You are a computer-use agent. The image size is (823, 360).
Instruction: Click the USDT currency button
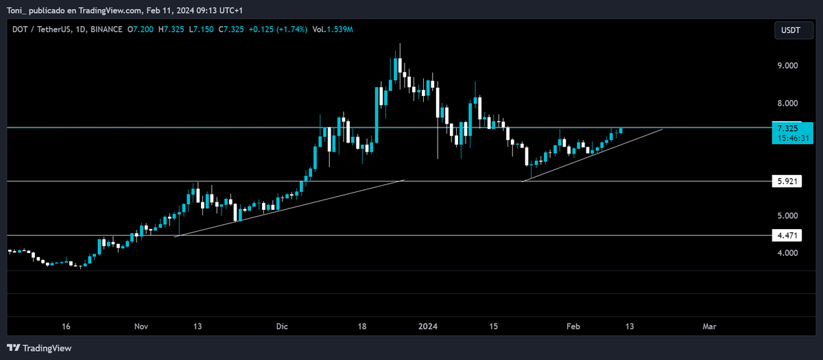pos(793,30)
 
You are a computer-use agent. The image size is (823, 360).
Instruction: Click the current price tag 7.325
pos(787,128)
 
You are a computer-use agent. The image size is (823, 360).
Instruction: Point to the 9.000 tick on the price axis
pos(787,66)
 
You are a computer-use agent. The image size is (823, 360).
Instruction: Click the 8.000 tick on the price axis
pos(787,104)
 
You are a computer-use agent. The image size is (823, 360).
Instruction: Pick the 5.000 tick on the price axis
pos(787,216)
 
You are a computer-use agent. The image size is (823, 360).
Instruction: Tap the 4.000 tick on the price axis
pos(787,253)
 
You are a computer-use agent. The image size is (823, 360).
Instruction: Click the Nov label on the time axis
pos(141,326)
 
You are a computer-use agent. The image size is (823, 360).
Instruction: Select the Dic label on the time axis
pos(283,326)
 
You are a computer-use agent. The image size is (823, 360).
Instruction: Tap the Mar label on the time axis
pos(709,326)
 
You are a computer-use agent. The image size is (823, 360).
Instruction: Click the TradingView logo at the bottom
pos(40,348)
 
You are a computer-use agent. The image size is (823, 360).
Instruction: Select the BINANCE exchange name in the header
pos(106,29)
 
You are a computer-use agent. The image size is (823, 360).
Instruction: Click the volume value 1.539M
pos(341,29)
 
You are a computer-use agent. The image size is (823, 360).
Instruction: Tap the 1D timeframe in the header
pos(79,29)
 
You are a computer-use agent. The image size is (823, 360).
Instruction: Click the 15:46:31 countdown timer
pos(792,138)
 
